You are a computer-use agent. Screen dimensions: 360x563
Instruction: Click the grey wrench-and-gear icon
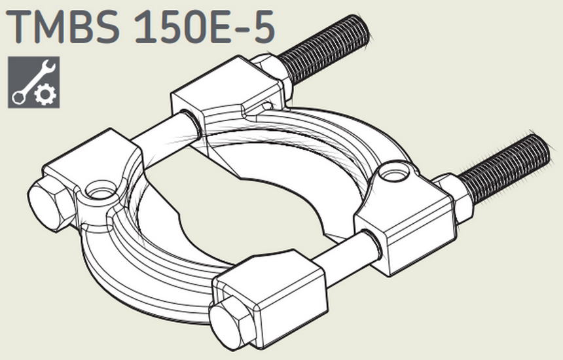click(34, 82)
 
